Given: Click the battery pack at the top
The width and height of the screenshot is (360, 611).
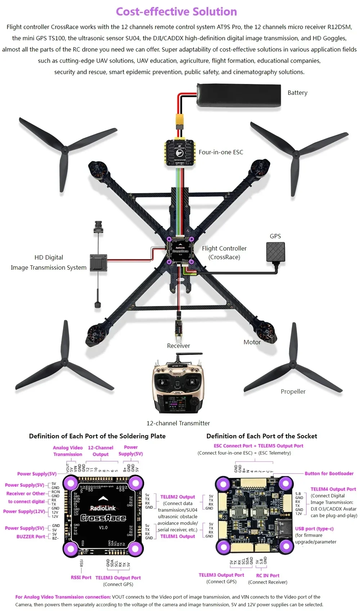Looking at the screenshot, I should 239,95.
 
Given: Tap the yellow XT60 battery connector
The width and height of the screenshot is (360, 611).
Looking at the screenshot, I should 179,120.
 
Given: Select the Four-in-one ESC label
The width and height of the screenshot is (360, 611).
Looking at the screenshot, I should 221,152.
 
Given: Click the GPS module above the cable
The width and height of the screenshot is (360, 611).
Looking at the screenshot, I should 275,252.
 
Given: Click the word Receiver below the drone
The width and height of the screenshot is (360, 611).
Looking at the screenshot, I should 178,346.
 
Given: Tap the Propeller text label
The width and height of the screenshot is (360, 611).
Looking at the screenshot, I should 293,391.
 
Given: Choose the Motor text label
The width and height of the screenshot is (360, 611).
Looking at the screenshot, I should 252,342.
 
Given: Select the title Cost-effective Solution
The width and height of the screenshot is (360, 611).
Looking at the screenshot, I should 176,12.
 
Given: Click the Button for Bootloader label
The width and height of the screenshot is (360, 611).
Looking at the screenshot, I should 329,473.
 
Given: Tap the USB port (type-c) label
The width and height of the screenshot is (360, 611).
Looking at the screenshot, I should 314,528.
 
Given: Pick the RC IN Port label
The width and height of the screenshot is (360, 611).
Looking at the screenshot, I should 267,575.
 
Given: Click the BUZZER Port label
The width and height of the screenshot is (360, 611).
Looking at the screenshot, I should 31,536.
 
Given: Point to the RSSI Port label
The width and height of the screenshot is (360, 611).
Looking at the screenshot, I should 81,577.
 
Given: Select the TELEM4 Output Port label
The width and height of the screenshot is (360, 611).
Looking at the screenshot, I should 333,489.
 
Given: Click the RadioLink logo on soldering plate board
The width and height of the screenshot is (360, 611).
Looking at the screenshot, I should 103,508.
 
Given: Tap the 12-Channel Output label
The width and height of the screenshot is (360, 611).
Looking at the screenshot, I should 100,451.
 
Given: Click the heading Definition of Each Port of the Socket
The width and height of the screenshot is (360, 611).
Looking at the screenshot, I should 262,436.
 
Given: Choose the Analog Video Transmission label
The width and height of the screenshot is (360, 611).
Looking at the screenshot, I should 68,451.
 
